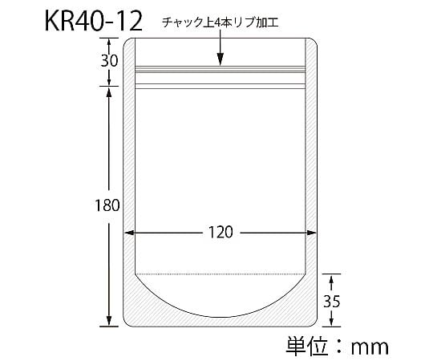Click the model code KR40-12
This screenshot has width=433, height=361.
(93, 21)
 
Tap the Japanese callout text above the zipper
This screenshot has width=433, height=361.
(220, 22)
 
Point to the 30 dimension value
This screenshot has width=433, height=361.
(109, 61)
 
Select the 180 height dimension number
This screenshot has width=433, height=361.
(107, 205)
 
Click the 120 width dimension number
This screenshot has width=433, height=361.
(221, 232)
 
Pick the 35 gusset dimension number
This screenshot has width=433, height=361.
(332, 301)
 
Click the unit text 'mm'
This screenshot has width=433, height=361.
(369, 347)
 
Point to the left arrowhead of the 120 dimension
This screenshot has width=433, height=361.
(129, 233)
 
